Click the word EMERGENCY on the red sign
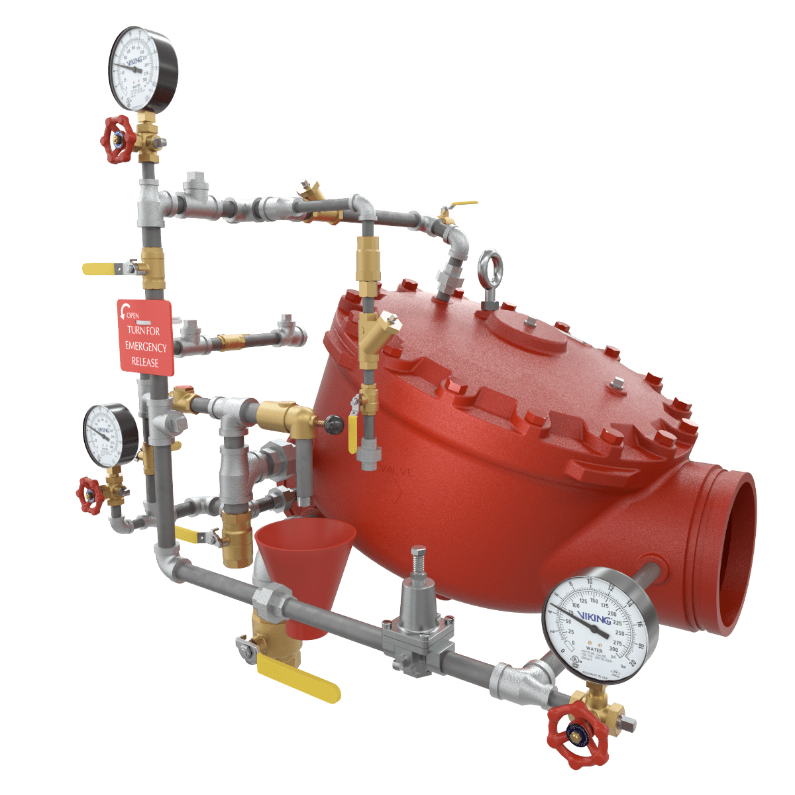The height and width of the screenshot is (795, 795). pos(146,346)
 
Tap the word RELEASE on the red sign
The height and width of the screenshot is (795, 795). pos(144,362)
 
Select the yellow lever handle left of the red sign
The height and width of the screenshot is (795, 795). pos(100,268)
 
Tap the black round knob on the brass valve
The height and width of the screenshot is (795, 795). pos(334,423)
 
